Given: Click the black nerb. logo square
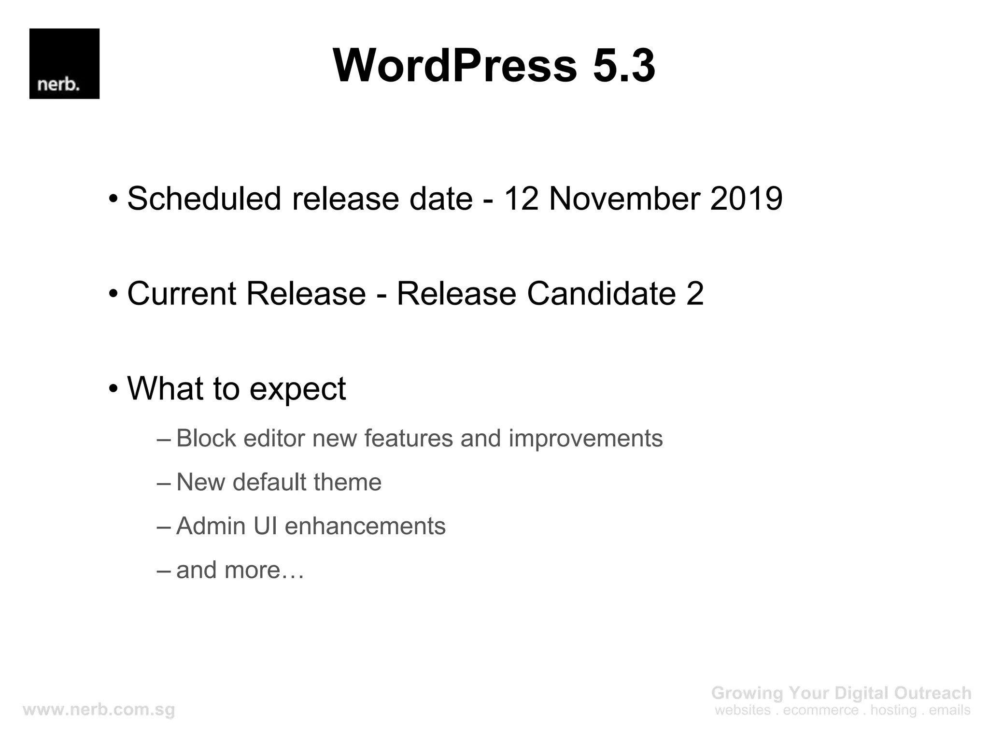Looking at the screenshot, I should (x=64, y=64).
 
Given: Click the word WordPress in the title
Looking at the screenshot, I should (x=454, y=66).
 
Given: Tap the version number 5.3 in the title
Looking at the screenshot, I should (x=623, y=66).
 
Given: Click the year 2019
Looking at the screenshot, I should (x=746, y=199).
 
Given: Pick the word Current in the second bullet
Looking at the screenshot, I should (x=181, y=293).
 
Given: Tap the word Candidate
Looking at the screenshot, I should (x=600, y=293).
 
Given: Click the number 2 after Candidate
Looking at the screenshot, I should (x=694, y=293).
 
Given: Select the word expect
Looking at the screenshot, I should (x=297, y=389).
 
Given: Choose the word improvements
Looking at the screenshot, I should (x=585, y=439).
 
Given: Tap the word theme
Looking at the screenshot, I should (x=347, y=482).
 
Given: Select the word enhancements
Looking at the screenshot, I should (x=365, y=526).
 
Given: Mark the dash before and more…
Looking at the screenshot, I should (x=164, y=571).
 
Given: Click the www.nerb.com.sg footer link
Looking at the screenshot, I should (x=99, y=710).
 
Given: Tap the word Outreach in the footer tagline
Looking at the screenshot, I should (x=932, y=693).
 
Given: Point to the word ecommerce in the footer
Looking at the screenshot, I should (x=820, y=710).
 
